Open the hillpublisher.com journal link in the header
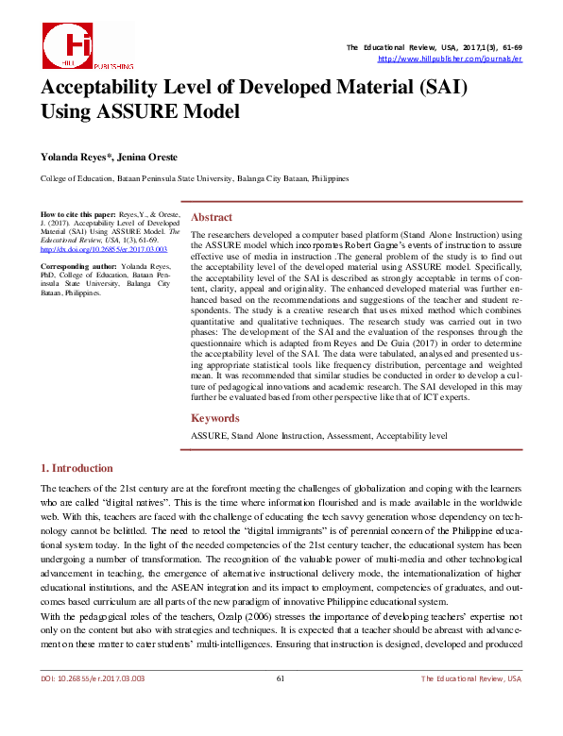[450, 59]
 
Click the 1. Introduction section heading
[77, 468]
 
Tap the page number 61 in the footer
[281, 705]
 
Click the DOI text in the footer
[92, 705]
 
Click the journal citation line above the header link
[434, 47]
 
